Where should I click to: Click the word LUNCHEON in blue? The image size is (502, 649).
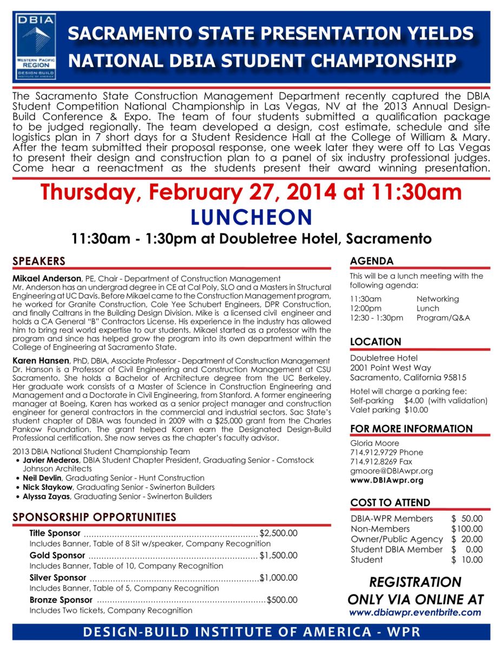tap(252, 217)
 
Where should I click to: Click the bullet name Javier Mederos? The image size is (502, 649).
tap(51, 460)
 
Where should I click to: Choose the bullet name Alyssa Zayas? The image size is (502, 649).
tap(47, 496)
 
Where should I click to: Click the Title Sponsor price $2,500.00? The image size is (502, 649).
tap(279, 533)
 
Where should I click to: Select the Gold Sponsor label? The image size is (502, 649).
tap(57, 555)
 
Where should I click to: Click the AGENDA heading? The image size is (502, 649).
tap(372, 261)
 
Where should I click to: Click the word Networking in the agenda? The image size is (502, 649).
tap(437, 299)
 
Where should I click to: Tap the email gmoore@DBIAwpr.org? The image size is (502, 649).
tap(391, 471)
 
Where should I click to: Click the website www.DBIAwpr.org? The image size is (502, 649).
tap(386, 480)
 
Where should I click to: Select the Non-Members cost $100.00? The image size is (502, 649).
tap(467, 529)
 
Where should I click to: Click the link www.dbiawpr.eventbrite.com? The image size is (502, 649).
tap(415, 613)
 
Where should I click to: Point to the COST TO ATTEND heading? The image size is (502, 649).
tap(390, 502)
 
